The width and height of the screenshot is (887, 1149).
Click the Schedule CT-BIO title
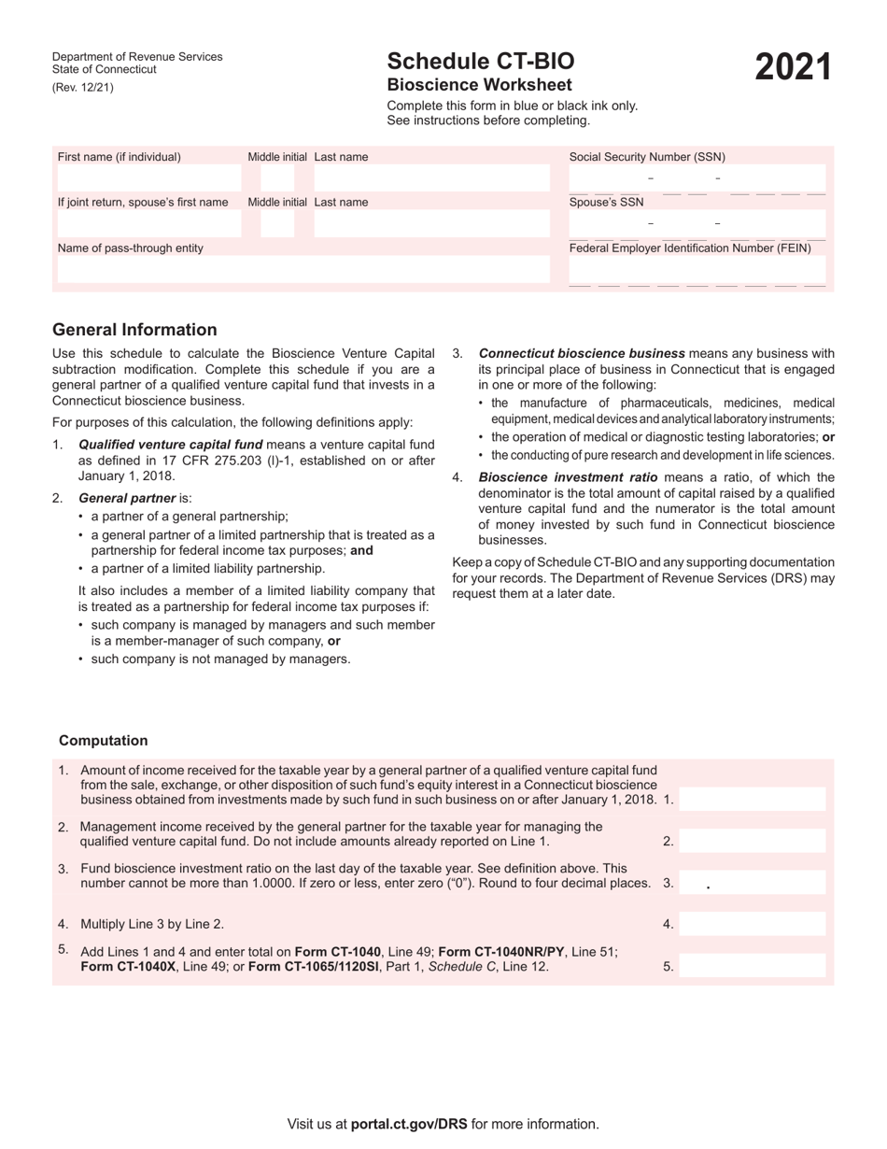pyautogui.click(x=481, y=62)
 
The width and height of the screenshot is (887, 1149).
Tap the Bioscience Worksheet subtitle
pyautogui.click(x=479, y=85)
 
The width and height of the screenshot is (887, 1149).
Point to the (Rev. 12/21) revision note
pyautogui.click(x=83, y=88)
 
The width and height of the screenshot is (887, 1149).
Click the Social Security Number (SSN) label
pyautogui.click(x=647, y=157)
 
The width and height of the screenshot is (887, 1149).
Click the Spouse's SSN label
pyautogui.click(x=606, y=202)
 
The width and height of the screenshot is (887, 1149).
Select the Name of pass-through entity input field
pyautogui.click(x=301, y=270)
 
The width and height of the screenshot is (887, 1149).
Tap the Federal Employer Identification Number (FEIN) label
pyautogui.click(x=690, y=248)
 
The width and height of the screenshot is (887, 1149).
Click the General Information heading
pyautogui.click(x=134, y=330)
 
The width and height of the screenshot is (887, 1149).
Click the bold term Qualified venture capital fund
pyautogui.click(x=171, y=445)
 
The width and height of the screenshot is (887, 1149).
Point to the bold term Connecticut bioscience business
pyautogui.click(x=582, y=353)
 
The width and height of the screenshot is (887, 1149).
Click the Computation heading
pyautogui.click(x=104, y=741)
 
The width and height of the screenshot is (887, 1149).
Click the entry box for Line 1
pyautogui.click(x=753, y=800)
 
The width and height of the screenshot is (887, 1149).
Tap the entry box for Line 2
pyautogui.click(x=753, y=841)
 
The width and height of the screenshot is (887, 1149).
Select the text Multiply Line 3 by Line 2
pyautogui.click(x=152, y=924)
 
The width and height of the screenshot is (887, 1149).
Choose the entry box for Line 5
pyautogui.click(x=753, y=967)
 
